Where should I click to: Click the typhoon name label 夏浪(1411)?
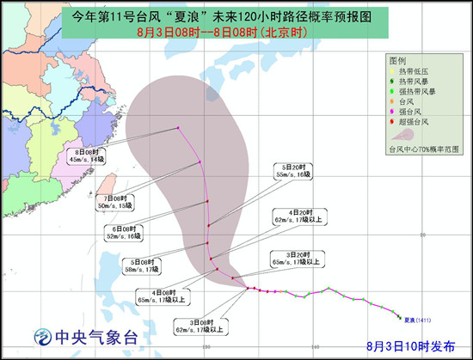coord(416,321)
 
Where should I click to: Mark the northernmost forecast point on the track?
coord(178,128)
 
